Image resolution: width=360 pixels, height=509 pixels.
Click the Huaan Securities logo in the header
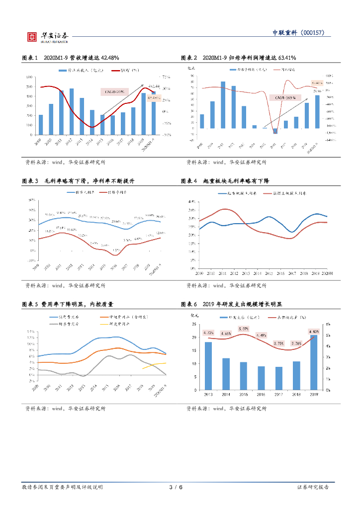48,37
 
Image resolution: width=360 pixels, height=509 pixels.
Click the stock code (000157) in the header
313,33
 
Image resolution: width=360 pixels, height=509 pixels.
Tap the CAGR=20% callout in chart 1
113,91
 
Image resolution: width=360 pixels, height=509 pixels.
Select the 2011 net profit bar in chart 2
223,105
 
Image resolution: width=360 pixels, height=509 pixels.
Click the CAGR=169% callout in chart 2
285,98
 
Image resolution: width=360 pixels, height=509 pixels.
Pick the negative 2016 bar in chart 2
275,131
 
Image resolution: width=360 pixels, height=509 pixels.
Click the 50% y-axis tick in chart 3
31,200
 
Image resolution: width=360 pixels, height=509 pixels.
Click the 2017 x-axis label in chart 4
291,274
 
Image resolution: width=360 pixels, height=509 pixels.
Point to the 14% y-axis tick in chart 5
30,332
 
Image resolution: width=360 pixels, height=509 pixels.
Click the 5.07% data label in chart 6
244,329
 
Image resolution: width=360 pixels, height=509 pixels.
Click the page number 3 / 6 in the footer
176,487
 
